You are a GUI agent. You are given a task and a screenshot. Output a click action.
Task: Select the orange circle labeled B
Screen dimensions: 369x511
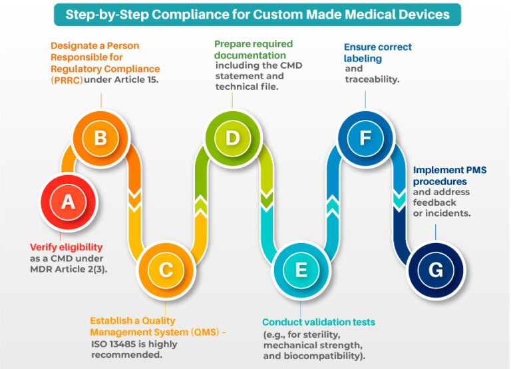tap(100, 138)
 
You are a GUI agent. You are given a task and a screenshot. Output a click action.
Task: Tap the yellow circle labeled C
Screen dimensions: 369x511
tap(166, 268)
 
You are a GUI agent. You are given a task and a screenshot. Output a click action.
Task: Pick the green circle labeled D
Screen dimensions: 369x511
tap(232, 138)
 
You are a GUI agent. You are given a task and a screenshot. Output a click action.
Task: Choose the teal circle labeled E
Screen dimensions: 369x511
tap(300, 268)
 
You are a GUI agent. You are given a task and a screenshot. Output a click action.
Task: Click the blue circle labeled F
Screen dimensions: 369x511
tap(365, 138)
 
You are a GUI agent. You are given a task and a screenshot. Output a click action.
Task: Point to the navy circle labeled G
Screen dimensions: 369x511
tap(435, 268)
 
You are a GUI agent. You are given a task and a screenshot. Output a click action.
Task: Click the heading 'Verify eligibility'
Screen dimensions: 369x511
tap(67, 246)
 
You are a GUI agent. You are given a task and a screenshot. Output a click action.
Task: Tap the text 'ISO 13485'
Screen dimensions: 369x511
tap(113, 344)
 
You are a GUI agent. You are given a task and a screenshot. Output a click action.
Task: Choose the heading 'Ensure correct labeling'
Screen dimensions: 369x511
tap(377, 53)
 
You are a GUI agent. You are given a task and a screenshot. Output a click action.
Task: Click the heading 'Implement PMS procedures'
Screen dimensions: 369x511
tap(449, 176)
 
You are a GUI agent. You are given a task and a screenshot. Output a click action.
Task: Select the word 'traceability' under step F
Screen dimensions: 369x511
tap(372, 79)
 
